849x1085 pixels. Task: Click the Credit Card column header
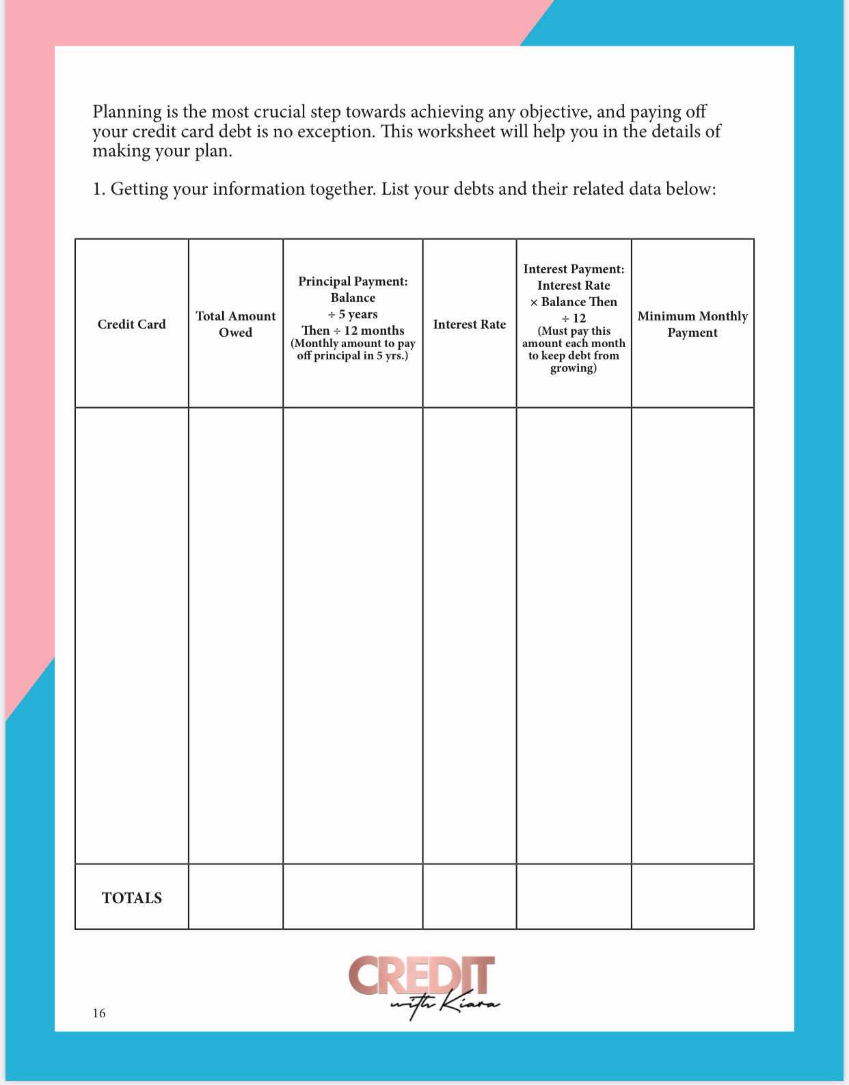click(131, 324)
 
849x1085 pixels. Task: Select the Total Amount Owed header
click(235, 324)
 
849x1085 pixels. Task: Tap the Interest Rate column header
click(469, 324)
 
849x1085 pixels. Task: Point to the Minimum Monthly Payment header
click(692, 324)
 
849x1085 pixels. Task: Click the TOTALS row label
click(132, 898)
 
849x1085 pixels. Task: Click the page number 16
click(99, 1013)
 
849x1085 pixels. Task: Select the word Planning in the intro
click(127, 112)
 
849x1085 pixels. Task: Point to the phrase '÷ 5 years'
click(353, 314)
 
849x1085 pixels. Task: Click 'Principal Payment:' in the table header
click(353, 281)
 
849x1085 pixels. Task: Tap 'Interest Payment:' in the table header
click(574, 269)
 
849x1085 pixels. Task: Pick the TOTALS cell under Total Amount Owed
click(235, 896)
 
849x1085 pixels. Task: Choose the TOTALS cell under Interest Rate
click(469, 896)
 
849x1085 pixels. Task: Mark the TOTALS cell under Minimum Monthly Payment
click(692, 896)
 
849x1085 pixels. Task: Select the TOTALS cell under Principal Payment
click(353, 896)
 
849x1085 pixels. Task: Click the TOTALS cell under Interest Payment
click(574, 896)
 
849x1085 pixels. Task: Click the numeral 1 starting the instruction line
click(97, 189)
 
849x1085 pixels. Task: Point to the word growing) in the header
click(574, 368)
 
